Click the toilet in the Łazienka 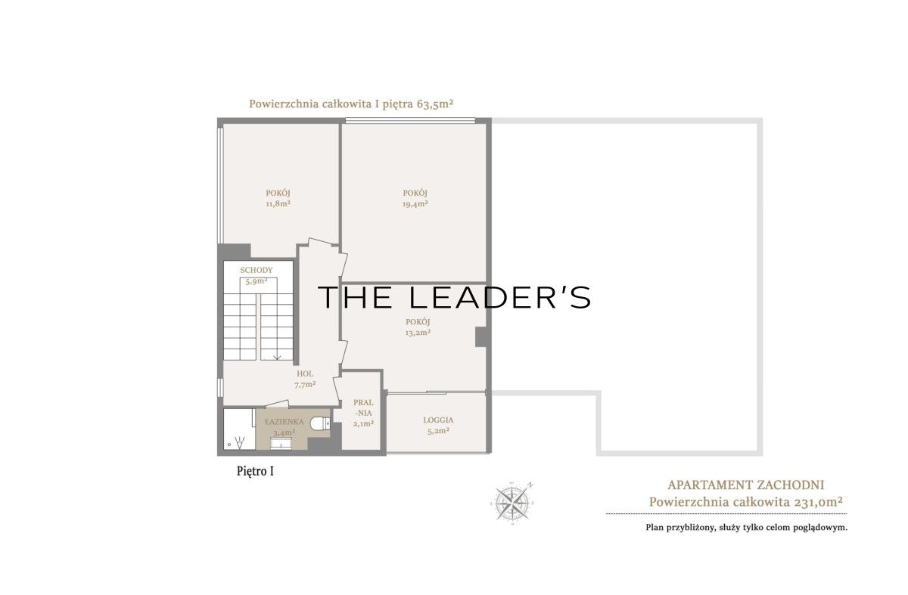click(320, 423)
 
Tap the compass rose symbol click(512, 504)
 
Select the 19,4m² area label click(415, 204)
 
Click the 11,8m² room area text click(278, 203)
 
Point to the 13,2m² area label click(418, 333)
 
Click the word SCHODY click(257, 270)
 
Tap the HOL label click(305, 373)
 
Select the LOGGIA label click(438, 420)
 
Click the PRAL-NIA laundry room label click(363, 408)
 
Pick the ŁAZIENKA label click(285, 422)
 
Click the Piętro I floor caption click(256, 472)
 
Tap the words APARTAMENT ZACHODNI click(746, 485)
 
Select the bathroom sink click(280, 444)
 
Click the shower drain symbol click(229, 445)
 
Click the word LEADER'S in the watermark click(500, 297)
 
